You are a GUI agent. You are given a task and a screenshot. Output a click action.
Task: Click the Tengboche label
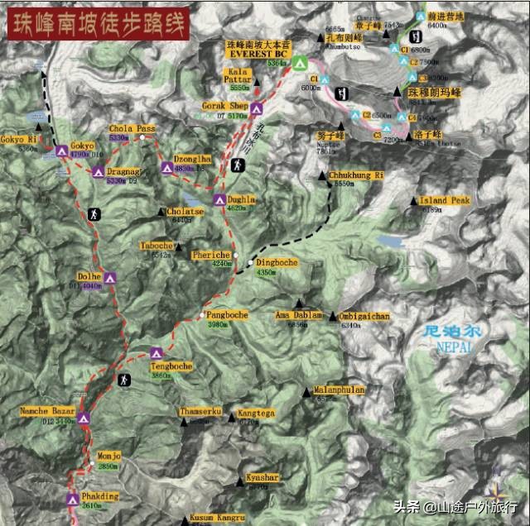click(x=172, y=366)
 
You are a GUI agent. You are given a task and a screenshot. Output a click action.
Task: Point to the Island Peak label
click(x=445, y=200)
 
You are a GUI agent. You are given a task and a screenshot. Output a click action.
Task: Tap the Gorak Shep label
click(x=224, y=107)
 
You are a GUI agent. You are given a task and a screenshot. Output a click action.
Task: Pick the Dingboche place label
click(x=277, y=262)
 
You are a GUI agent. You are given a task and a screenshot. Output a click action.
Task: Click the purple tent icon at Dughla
click(x=219, y=199)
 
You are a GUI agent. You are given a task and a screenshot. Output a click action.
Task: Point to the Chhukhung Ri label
click(x=357, y=175)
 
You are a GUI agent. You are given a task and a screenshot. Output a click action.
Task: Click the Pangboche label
click(x=227, y=315)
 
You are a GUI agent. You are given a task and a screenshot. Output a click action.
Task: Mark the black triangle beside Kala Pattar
click(x=257, y=81)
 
